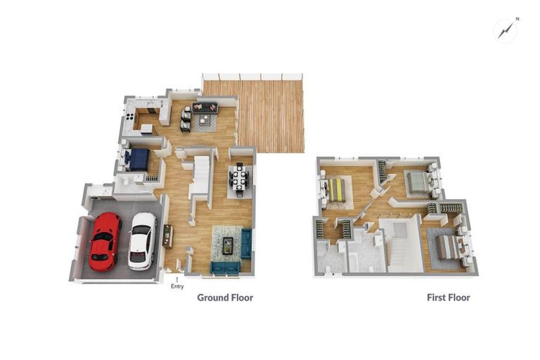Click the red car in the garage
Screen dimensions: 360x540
105,240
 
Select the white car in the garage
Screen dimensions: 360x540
143,240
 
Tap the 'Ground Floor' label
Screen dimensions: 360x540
225,297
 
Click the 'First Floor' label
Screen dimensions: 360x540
449,297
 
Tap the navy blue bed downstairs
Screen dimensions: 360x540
138,160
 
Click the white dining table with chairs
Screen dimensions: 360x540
240,178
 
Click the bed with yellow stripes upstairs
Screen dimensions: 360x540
337,189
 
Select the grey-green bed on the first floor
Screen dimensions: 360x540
418,182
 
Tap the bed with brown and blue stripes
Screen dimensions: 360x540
446,247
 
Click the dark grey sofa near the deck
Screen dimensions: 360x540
205,108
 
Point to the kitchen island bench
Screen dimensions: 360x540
147,129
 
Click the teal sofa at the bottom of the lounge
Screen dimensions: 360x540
226,266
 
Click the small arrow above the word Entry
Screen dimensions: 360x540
176,280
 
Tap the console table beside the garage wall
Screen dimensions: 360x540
167,236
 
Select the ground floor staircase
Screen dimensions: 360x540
201,176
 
